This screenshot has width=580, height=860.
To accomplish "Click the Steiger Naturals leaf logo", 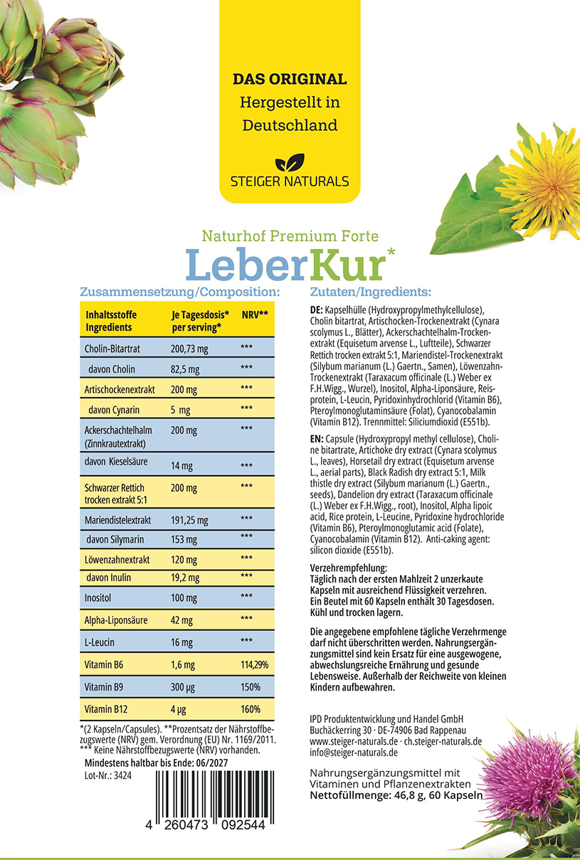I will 290,162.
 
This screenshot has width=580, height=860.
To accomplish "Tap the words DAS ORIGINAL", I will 290,79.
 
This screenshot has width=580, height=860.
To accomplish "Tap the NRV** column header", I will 255,314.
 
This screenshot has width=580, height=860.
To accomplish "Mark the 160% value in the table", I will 251,709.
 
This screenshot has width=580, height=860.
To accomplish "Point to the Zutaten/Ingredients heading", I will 371,292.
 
